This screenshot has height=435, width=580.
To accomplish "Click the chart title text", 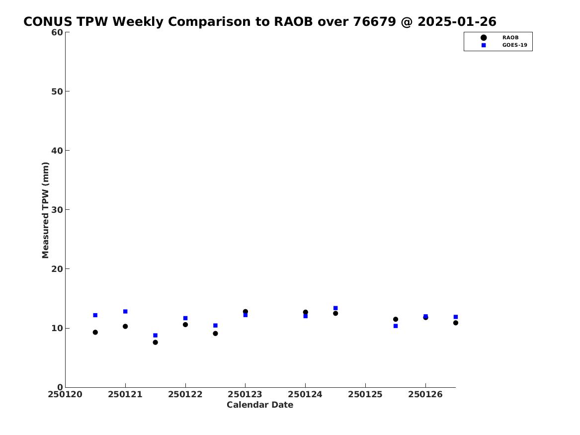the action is click(x=259, y=21).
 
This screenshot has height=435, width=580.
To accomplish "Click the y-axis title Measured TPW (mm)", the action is click(x=45, y=210).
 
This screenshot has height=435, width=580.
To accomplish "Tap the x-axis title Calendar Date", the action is click(x=259, y=405).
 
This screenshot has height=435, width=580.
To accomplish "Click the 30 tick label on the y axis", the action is click(x=57, y=210).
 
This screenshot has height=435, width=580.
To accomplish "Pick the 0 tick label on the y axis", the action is click(x=60, y=387).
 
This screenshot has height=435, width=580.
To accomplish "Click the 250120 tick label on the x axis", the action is click(x=65, y=395).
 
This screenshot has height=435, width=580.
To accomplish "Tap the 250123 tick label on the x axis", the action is click(x=245, y=395).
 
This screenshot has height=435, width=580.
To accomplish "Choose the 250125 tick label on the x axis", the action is click(x=365, y=395).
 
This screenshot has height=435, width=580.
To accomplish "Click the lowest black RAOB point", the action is click(x=156, y=342).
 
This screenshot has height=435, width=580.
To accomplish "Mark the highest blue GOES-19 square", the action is click(x=335, y=308).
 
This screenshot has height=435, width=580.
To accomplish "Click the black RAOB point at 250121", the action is click(x=125, y=326).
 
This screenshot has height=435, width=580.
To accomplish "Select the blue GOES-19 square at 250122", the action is click(x=185, y=318).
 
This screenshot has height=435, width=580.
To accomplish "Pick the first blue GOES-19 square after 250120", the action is click(x=95, y=315).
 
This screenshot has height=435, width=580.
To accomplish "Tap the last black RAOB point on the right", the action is click(x=456, y=323).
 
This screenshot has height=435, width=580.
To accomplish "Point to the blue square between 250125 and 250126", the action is click(x=396, y=326).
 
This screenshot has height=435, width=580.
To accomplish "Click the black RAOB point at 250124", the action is click(x=306, y=312).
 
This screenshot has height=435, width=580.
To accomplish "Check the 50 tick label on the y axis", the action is click(x=57, y=91).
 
